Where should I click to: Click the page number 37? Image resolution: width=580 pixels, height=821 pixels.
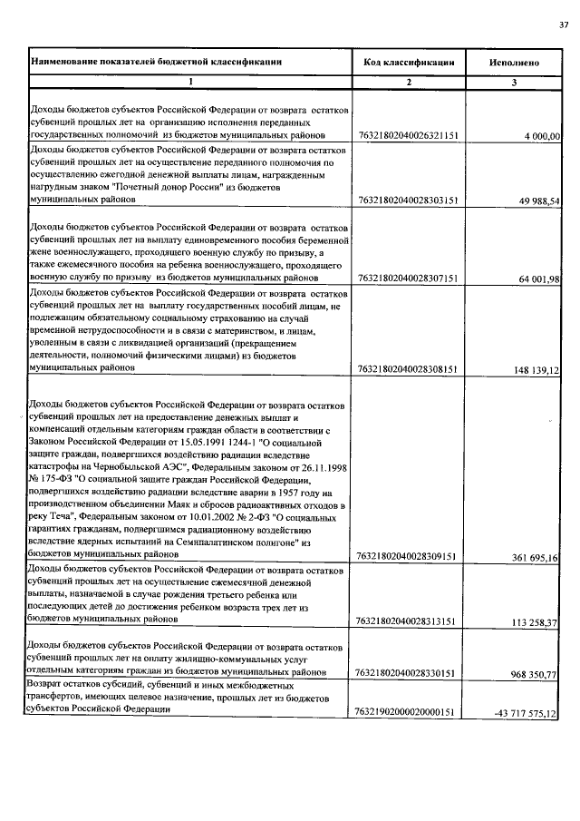pyautogui.click(x=564, y=24)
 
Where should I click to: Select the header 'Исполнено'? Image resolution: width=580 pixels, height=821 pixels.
pyautogui.click(x=514, y=63)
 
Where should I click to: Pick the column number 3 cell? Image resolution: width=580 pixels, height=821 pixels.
pyautogui.click(x=514, y=83)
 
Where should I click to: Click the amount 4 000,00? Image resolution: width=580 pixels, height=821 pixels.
pyautogui.click(x=543, y=135)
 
